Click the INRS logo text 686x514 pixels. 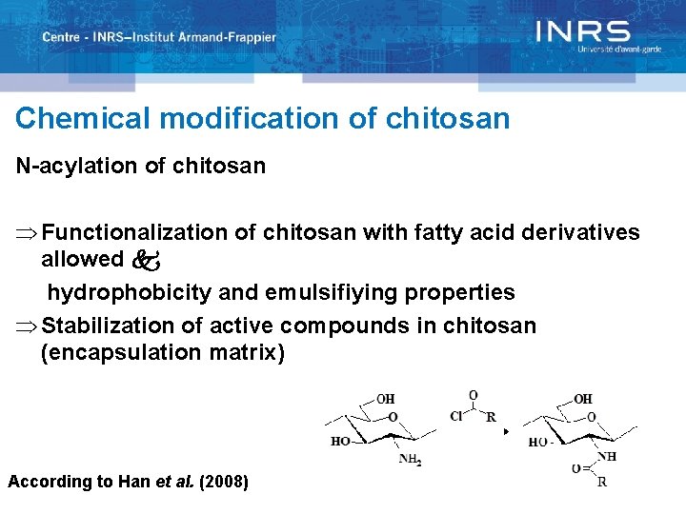pyautogui.click(x=582, y=31)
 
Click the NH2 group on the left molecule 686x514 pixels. pyautogui.click(x=410, y=461)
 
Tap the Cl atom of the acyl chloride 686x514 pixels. pyautogui.click(x=456, y=416)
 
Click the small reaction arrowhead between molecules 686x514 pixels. pyautogui.click(x=507, y=432)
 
